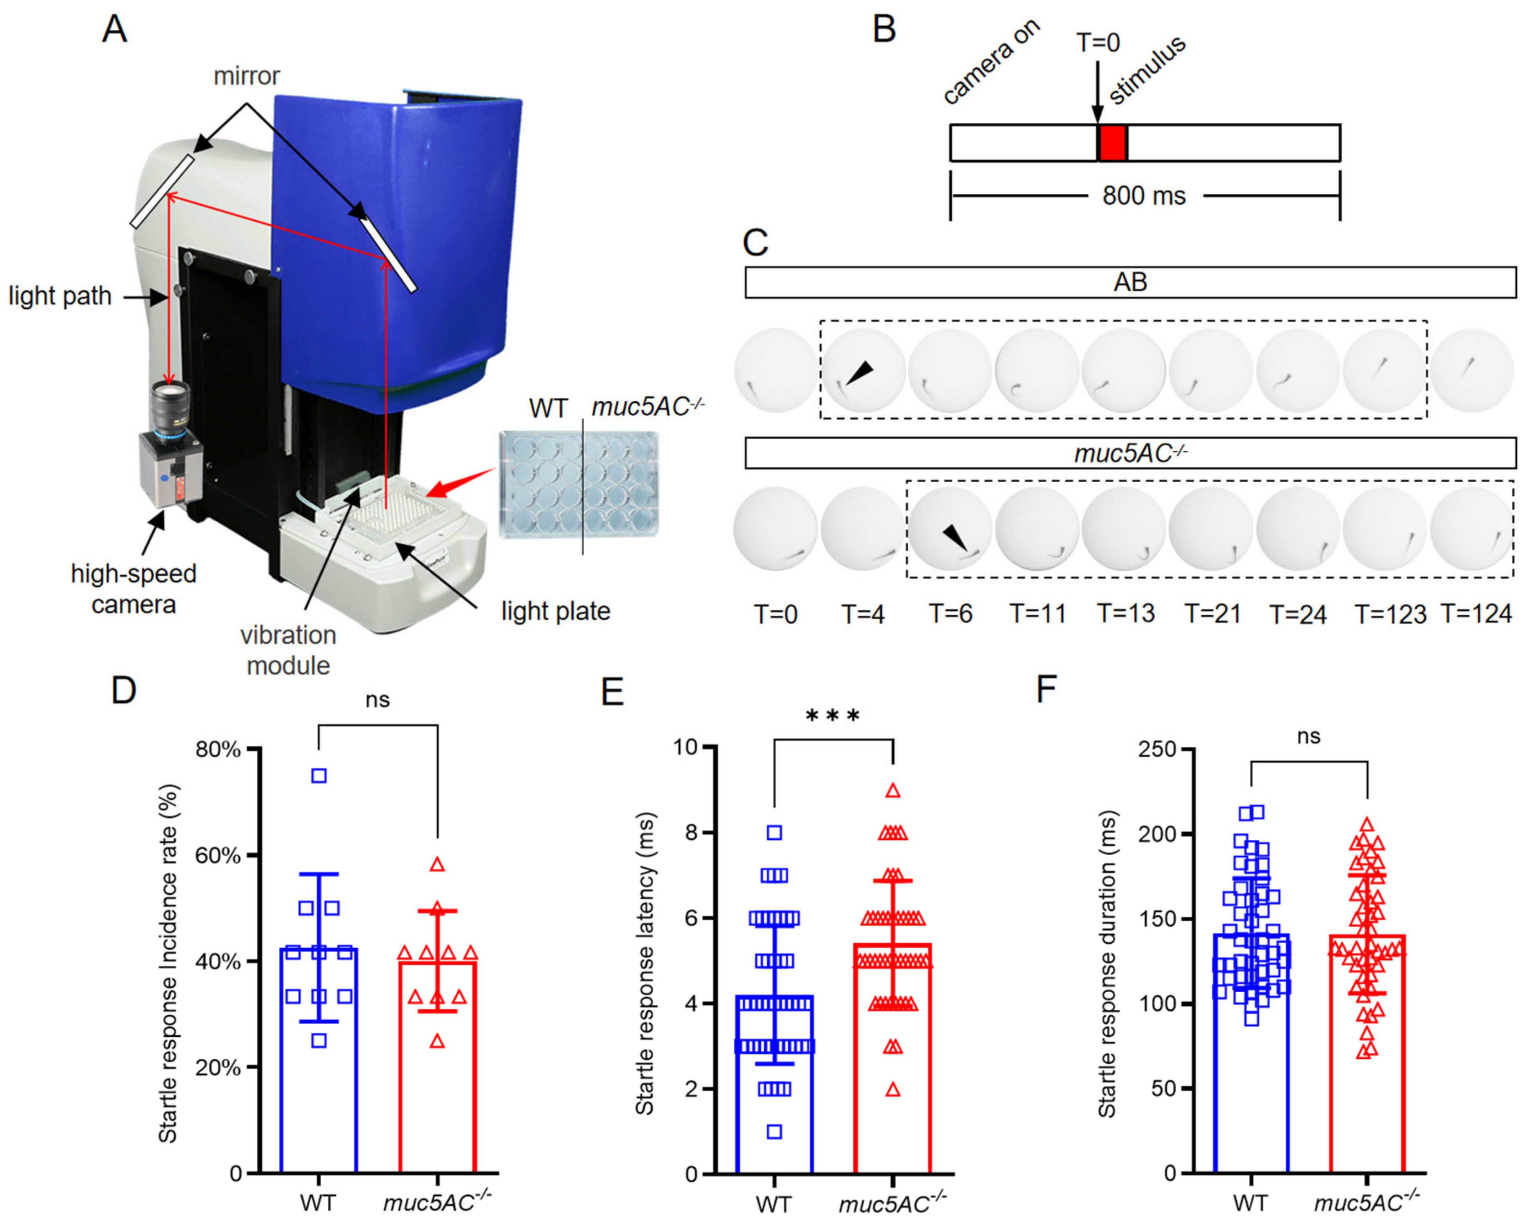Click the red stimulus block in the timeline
pos(1112,143)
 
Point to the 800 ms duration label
pos(1143,196)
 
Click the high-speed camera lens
pos(170,404)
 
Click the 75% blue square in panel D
pos(319,776)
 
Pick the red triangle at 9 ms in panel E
pos(893,791)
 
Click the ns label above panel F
pos(1308,737)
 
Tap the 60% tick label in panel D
pos(218,856)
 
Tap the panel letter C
pos(756,243)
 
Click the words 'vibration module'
pos(288,650)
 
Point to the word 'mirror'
pos(247,76)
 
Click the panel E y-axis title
pos(645,963)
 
